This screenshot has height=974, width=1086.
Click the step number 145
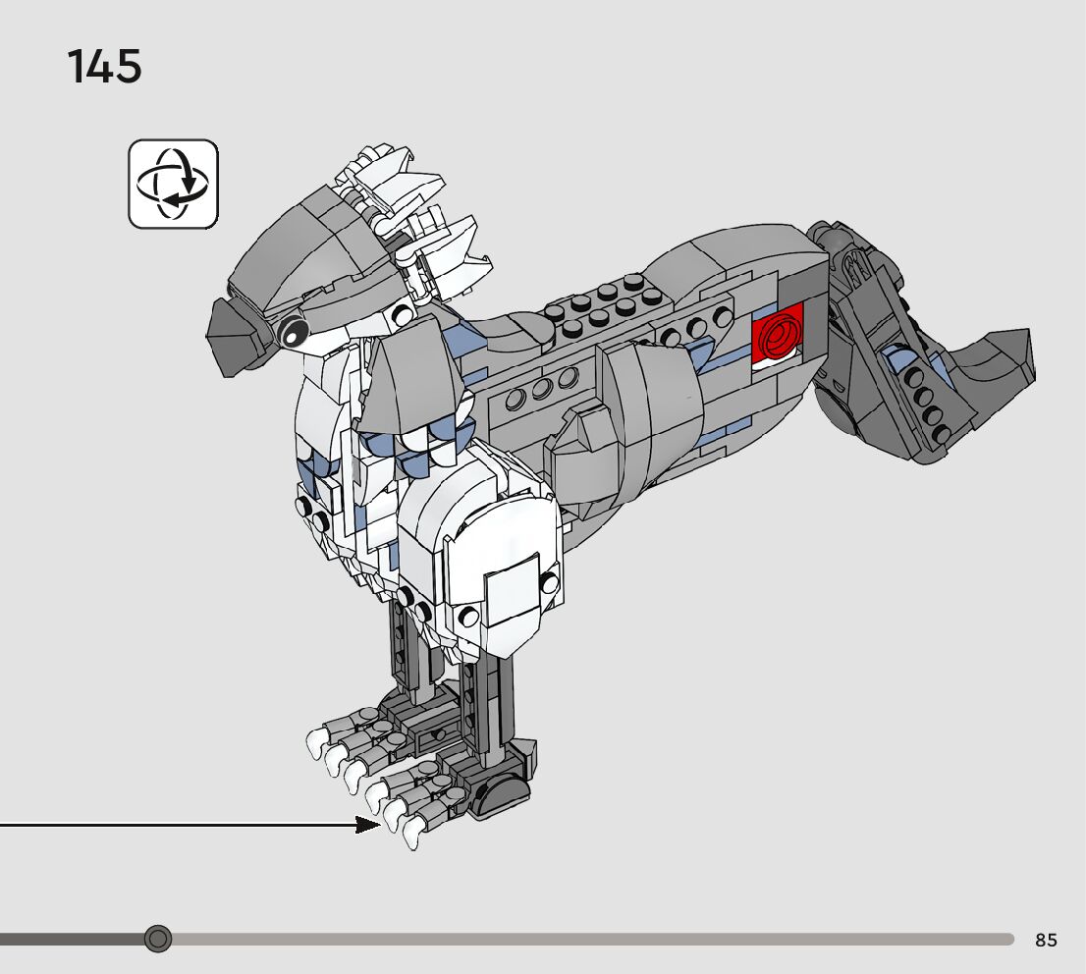pyautogui.click(x=104, y=67)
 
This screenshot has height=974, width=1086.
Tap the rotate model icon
pyautogui.click(x=173, y=184)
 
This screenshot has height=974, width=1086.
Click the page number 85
pyautogui.click(x=1046, y=940)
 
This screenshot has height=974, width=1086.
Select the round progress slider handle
pyautogui.click(x=157, y=939)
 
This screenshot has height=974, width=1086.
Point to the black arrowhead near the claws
pyautogui.click(x=368, y=825)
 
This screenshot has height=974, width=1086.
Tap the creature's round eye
pyautogui.click(x=291, y=332)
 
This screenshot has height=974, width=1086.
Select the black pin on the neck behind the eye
pyautogui.click(x=401, y=314)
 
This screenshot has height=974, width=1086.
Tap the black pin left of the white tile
pyautogui.click(x=469, y=616)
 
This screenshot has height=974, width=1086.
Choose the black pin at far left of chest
pyautogui.click(x=304, y=507)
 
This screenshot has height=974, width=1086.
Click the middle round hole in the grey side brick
pyautogui.click(x=539, y=390)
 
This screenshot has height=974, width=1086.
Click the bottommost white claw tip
pyautogui.click(x=411, y=836)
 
